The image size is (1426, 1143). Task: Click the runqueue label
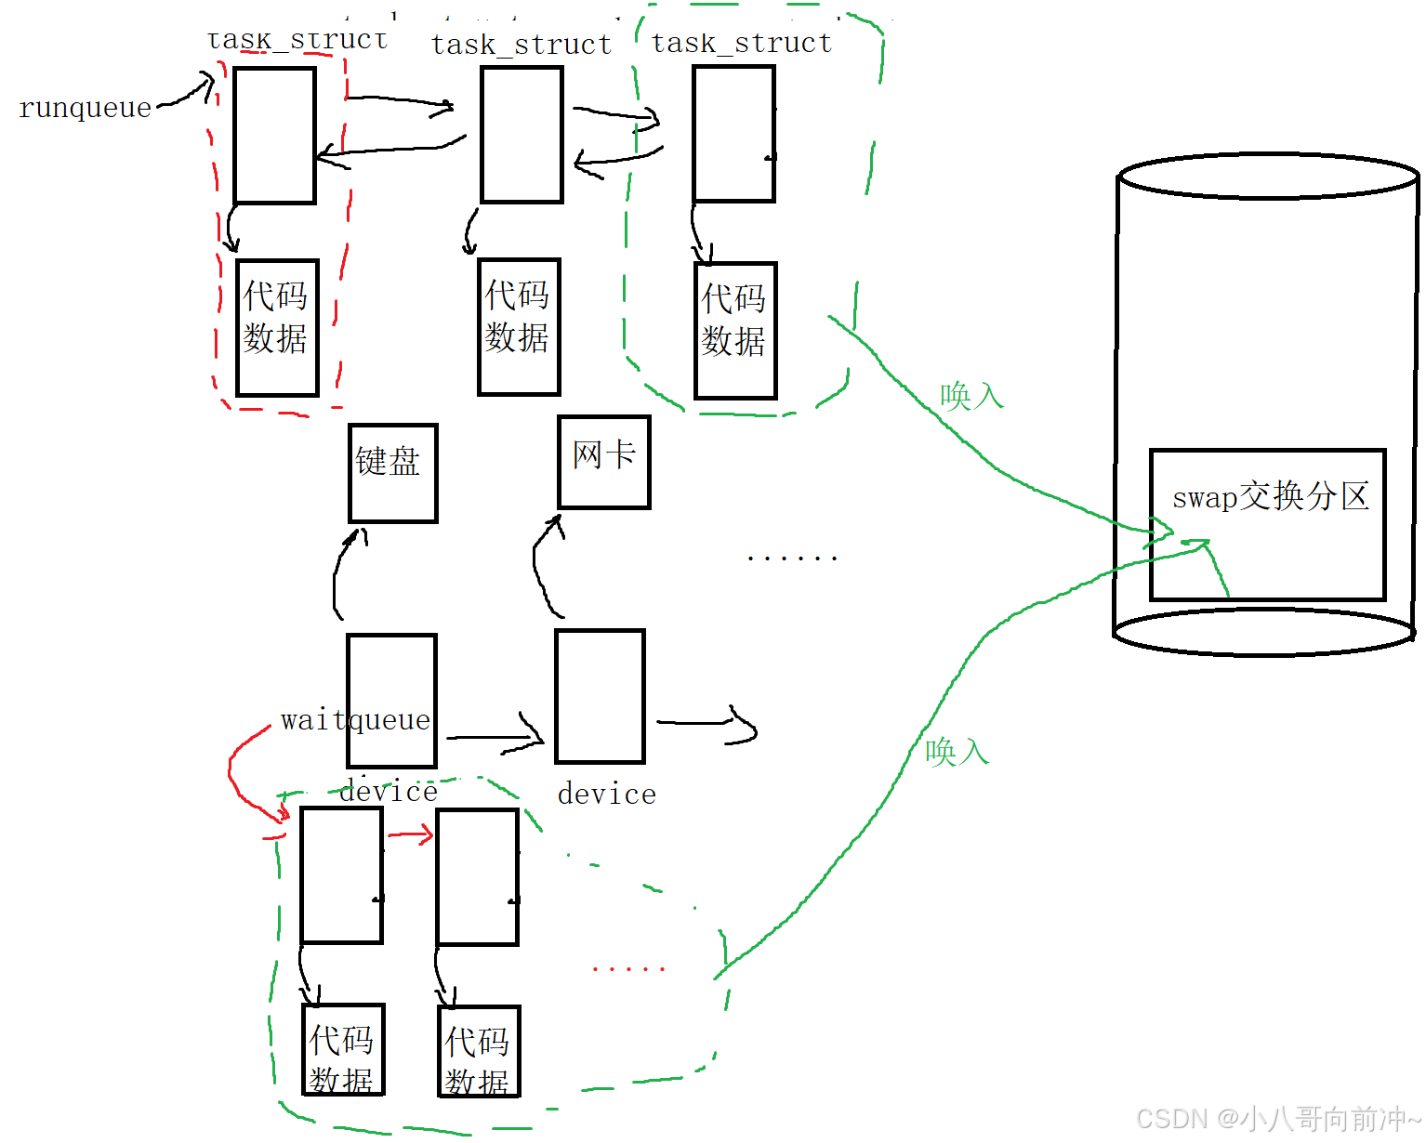85,108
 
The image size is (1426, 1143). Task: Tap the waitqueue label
355,720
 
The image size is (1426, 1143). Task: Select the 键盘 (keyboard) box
392,472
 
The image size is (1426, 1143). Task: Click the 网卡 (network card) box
603,461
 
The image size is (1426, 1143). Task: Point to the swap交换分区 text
1270,497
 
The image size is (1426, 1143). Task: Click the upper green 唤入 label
971,396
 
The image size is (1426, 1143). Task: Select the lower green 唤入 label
957,751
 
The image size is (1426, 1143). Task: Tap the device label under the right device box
606,795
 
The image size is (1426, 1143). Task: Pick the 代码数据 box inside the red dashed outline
277,327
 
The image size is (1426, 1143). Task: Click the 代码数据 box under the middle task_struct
519,326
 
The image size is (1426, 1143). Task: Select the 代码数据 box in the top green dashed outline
734,330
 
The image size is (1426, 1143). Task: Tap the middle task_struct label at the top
522,45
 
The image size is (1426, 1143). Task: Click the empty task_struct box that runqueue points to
274,135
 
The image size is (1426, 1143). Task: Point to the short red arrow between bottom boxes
410,835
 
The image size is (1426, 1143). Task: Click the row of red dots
628,969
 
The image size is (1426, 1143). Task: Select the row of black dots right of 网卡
792,558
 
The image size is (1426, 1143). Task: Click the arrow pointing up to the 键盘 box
344,571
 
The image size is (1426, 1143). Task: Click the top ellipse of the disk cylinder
1268,177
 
